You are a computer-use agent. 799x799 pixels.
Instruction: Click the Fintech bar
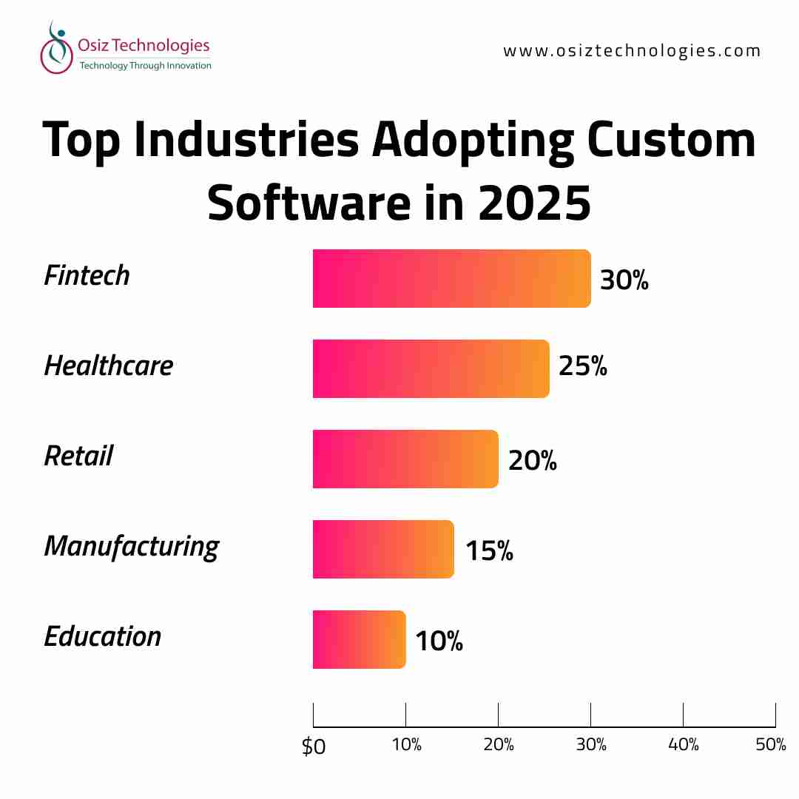coord(451,278)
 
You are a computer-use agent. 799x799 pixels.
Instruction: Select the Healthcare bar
coord(431,368)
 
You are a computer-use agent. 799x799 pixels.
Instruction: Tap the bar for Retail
coord(405,459)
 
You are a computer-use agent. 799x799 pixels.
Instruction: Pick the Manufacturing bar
coord(383,549)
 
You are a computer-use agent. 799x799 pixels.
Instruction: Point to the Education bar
coord(359,639)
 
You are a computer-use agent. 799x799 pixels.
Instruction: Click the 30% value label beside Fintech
coord(624,280)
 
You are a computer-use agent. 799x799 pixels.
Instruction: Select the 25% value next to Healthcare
coord(582,365)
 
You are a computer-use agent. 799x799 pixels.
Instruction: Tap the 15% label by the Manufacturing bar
coord(489,550)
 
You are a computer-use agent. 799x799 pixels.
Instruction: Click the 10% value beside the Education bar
coord(439,641)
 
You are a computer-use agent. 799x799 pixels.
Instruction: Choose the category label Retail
coord(78,456)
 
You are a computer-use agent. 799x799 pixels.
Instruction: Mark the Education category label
coord(103,636)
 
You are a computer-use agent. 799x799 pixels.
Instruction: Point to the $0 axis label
coord(313,746)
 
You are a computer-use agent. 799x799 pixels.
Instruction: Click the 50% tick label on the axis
coord(771,745)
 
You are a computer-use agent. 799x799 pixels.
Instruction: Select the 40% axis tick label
coord(683,745)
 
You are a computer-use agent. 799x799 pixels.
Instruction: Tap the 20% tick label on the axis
coord(499,745)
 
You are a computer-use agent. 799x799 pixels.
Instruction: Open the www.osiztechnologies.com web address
coord(632,51)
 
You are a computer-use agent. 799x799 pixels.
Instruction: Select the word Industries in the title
coord(249,141)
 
